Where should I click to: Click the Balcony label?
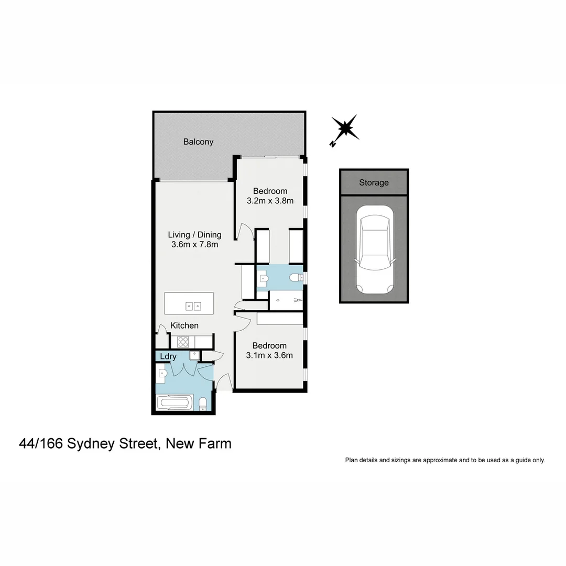pos(198,141)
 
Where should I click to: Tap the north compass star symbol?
pos(346,128)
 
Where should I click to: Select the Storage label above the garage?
pos(374,183)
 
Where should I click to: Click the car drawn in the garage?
pos(374,249)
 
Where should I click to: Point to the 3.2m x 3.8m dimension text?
pos(270,201)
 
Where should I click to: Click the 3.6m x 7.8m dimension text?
pos(194,244)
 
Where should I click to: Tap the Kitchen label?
pos(184,325)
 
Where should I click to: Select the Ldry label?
pos(168,357)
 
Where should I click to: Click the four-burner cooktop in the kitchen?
pos(183,342)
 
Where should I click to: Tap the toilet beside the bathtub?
pos(203,404)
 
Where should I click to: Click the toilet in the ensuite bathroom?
pos(297,278)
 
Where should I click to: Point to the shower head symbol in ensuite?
pos(297,300)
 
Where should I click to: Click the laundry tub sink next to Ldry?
pos(194,355)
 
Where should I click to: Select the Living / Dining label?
pos(194,235)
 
